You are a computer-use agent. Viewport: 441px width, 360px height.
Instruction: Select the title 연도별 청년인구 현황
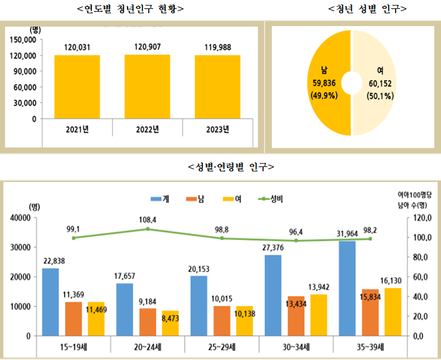(131, 9)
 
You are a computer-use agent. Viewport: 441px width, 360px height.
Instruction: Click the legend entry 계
(161, 199)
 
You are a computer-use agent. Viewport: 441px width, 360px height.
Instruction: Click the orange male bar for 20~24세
(147, 322)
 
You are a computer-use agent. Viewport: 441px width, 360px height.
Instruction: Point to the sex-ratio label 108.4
(147, 220)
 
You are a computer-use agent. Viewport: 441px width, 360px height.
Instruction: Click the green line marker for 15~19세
(74, 237)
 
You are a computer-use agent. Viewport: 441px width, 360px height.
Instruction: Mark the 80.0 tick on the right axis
(416, 257)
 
